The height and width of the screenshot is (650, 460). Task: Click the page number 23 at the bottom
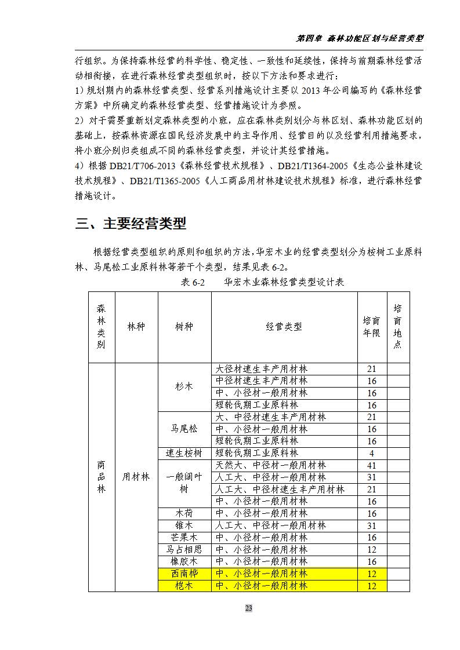tap(248, 608)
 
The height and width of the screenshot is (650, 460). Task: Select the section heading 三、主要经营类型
tap(131, 224)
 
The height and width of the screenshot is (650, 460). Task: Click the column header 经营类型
tap(284, 327)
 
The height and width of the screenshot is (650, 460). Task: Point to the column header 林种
tap(136, 327)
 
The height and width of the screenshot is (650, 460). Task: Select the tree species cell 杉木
tap(184, 386)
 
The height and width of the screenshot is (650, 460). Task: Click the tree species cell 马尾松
tap(184, 429)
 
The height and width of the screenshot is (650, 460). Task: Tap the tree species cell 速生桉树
tap(184, 453)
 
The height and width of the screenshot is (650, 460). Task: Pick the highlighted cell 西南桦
tap(184, 574)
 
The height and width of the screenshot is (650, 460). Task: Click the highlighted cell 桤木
tap(184, 586)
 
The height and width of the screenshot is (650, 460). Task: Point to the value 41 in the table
tap(371, 465)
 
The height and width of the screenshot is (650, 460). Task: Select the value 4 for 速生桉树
tap(371, 453)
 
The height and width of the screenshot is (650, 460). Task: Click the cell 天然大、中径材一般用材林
tap(270, 465)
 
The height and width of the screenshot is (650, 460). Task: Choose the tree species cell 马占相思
tap(184, 549)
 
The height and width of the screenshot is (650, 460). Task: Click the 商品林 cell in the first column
tap(102, 477)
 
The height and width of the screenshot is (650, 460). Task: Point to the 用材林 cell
tap(136, 477)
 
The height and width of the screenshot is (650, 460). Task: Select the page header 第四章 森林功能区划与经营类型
tap(360, 38)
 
